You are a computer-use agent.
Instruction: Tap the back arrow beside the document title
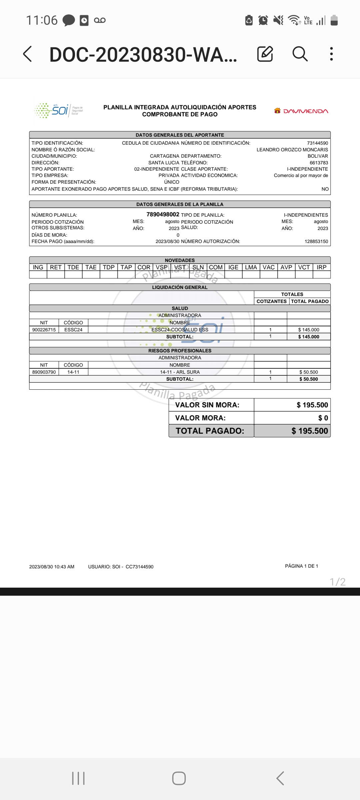point(28,54)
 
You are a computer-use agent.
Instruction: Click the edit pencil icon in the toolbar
point(265,54)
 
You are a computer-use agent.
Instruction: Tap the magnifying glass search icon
point(300,54)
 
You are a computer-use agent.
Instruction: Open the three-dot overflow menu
point(331,54)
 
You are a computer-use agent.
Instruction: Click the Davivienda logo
point(301,111)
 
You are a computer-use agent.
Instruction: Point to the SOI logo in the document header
point(59,110)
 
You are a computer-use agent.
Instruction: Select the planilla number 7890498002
point(163,214)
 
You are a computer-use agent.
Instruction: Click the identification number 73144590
point(317,143)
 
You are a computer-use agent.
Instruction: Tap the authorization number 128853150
point(316,241)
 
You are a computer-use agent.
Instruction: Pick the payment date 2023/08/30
point(167,241)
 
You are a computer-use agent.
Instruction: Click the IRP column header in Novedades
point(321,267)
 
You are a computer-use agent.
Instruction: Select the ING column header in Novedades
point(38,267)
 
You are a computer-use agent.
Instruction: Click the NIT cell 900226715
point(44,330)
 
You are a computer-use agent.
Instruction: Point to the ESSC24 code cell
point(73,330)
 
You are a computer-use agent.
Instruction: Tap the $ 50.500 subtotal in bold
point(308,379)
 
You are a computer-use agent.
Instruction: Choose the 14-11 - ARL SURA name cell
point(180,372)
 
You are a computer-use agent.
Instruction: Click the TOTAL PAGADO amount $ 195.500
point(309,431)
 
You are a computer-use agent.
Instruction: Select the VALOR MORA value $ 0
point(323,418)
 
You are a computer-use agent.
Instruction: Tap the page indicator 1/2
point(337,582)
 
